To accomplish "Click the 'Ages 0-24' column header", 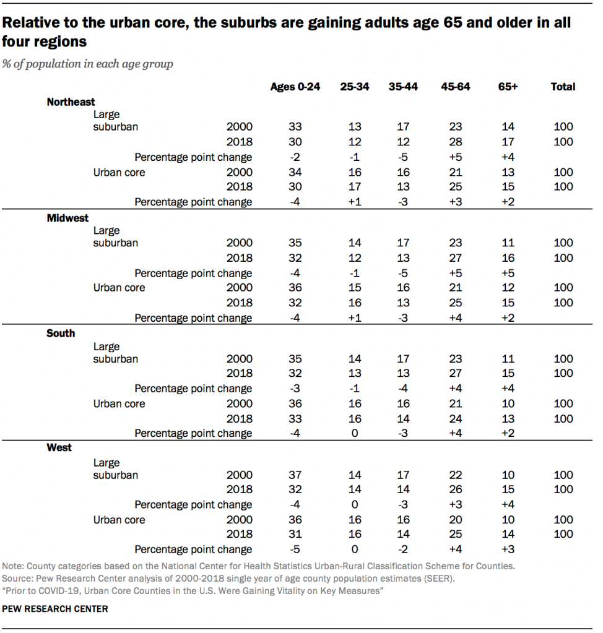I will pyautogui.click(x=295, y=87).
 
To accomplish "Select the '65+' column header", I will pyautogui.click(x=508, y=87).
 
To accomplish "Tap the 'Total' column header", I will pyautogui.click(x=563, y=87).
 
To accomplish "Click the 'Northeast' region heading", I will pyautogui.click(x=71, y=102).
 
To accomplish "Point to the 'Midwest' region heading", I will pyautogui.click(x=67, y=218).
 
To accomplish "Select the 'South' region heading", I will pyautogui.click(x=61, y=333).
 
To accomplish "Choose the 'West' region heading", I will pyautogui.click(x=59, y=447).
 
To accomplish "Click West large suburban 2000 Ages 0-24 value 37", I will pyautogui.click(x=295, y=475).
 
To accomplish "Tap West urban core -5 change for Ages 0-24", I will pyautogui.click(x=295, y=549).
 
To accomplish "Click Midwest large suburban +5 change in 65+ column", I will pyautogui.click(x=508, y=273).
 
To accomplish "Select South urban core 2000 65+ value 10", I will pyautogui.click(x=508, y=403).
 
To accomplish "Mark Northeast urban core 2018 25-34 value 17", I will pyautogui.click(x=355, y=186).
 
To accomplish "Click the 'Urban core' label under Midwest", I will pyautogui.click(x=119, y=287).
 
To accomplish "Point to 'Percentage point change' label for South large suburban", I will pyautogui.click(x=193, y=389).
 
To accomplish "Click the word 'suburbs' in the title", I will pyautogui.click(x=242, y=24).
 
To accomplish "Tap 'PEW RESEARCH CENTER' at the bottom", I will pyautogui.click(x=55, y=609).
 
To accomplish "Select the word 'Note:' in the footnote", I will pyautogui.click(x=14, y=566).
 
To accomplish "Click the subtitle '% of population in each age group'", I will pyautogui.click(x=88, y=64).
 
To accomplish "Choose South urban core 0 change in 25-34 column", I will pyautogui.click(x=355, y=433).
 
